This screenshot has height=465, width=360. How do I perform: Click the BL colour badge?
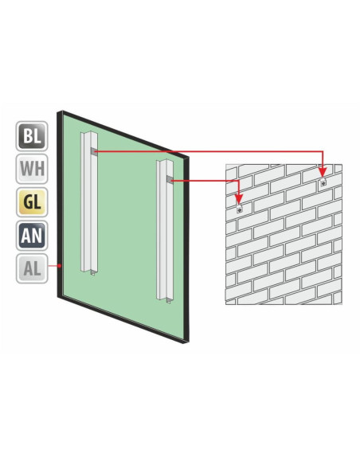[32, 136]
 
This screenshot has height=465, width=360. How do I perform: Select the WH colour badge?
[32, 169]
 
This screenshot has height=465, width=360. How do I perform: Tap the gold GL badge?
[32, 202]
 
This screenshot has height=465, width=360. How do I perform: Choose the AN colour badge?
[32, 236]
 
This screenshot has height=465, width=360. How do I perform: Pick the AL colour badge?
[32, 268]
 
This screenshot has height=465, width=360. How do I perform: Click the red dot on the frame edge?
[60, 266]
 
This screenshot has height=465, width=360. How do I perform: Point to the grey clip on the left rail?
[94, 152]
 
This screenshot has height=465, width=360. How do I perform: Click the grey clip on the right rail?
[170, 179]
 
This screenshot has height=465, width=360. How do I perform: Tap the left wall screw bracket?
[239, 209]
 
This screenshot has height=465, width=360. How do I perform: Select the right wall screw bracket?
[323, 182]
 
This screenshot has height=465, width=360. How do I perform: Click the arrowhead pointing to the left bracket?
[239, 199]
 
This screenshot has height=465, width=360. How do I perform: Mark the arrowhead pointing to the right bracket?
[323, 172]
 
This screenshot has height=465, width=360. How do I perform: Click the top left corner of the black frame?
[58, 111]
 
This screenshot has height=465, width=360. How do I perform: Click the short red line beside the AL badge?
[53, 266]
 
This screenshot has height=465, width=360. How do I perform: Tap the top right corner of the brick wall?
[342, 164]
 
